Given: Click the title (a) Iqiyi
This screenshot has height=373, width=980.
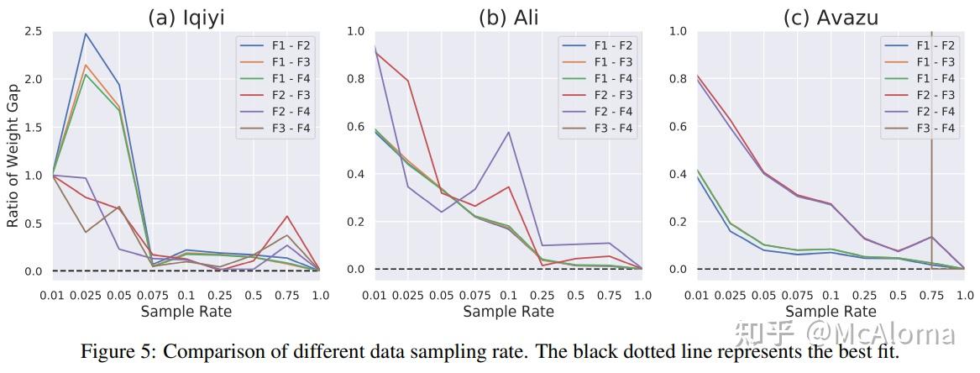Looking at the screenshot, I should pyautogui.click(x=186, y=16).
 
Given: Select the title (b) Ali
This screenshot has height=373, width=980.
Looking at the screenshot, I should pyautogui.click(x=508, y=16).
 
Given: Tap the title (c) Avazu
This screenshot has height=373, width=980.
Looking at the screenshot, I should pyautogui.click(x=830, y=16).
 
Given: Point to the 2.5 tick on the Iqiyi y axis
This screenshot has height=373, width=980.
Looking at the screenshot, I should pyautogui.click(x=34, y=31).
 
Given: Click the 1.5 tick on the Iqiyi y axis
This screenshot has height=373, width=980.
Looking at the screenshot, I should pyautogui.click(x=34, y=128).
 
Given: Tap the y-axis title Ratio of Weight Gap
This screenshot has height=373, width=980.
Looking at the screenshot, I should pyautogui.click(x=13, y=151).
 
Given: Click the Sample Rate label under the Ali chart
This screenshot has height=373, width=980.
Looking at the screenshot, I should pyautogui.click(x=508, y=312).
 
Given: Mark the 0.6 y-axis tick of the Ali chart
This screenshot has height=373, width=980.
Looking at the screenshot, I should pyautogui.click(x=356, y=127).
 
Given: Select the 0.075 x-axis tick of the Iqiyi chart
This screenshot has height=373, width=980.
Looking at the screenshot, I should pyautogui.click(x=153, y=296).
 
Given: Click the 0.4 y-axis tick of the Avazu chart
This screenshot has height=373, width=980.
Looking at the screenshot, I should pyautogui.click(x=679, y=175).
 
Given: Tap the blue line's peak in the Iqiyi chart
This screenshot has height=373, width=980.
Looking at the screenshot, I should pyautogui.click(x=86, y=34).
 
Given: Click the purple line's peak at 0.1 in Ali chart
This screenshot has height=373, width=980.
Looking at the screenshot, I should pyautogui.click(x=508, y=132).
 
